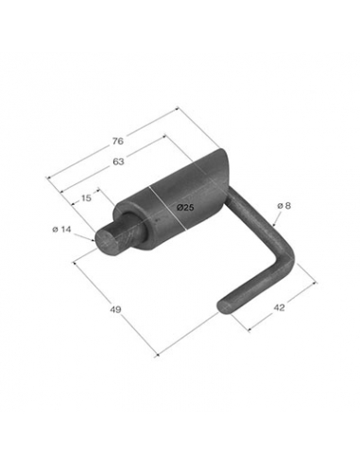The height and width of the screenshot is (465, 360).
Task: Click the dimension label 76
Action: click(118, 141)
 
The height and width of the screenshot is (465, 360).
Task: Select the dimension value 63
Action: click(118, 162)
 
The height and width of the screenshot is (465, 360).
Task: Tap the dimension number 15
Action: click(86, 198)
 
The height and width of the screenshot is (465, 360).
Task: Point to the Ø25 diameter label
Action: click(185, 207)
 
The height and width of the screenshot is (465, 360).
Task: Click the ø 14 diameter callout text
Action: click(61, 230)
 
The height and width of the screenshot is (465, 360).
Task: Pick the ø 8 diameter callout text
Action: click(284, 206)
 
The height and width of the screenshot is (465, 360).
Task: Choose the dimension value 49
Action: click(115, 309)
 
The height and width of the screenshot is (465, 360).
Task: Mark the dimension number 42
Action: click(279, 307)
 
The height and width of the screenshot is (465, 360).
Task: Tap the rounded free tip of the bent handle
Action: click(224, 305)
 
